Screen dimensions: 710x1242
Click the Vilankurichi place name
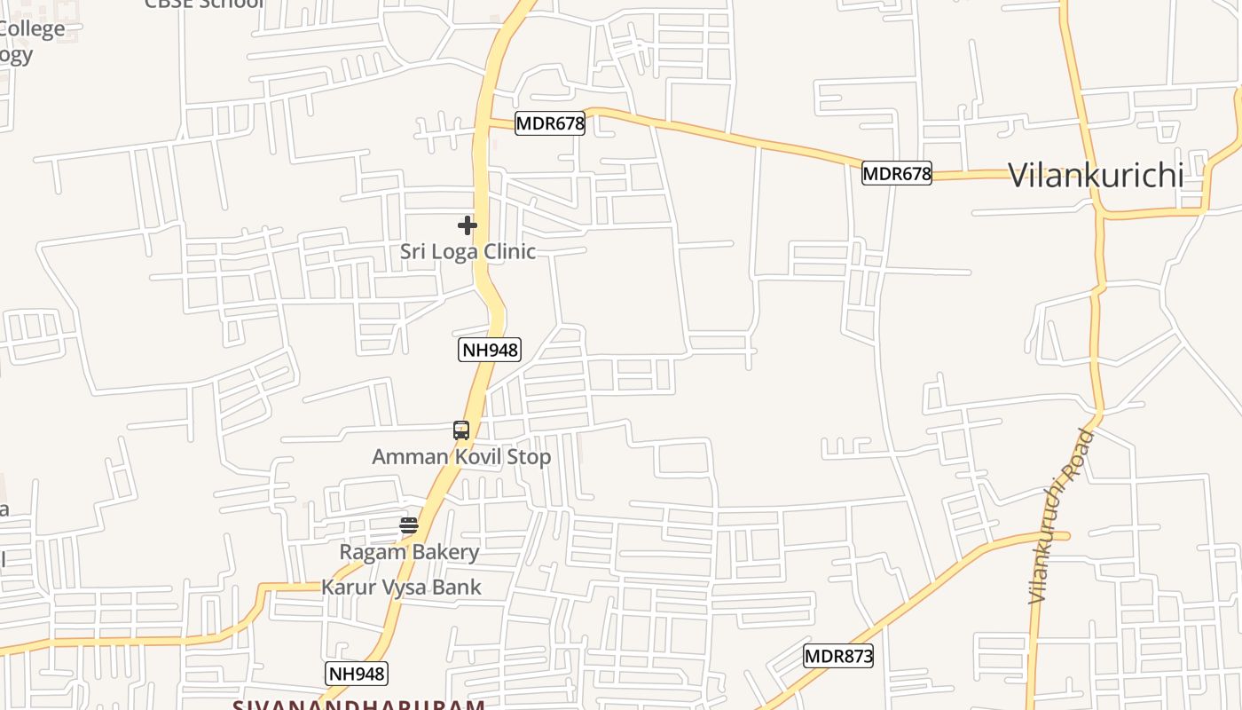pyautogui.click(x=1096, y=175)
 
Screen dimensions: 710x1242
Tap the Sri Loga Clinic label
pyautogui.click(x=468, y=251)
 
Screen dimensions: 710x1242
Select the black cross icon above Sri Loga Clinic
pyautogui.click(x=468, y=225)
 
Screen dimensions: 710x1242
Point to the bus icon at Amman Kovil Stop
pyautogui.click(x=461, y=430)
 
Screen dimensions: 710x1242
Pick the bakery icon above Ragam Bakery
pyautogui.click(x=409, y=525)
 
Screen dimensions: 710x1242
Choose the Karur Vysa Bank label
pyautogui.click(x=401, y=587)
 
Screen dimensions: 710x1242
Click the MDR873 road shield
pyautogui.click(x=838, y=657)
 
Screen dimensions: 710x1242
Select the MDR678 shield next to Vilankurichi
pyautogui.click(x=897, y=173)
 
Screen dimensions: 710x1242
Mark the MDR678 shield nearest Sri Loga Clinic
pyautogui.click(x=550, y=123)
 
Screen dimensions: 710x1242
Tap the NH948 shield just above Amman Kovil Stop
pyautogui.click(x=490, y=350)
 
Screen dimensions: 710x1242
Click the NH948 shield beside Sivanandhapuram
pyautogui.click(x=357, y=674)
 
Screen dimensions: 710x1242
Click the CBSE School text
pyautogui.click(x=204, y=4)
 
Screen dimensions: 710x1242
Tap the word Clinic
pyautogui.click(x=508, y=251)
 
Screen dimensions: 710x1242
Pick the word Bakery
pyautogui.click(x=446, y=552)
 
